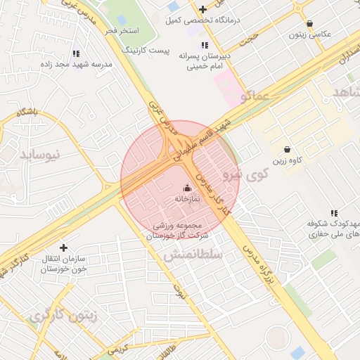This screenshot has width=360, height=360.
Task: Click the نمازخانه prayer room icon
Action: click(187, 188)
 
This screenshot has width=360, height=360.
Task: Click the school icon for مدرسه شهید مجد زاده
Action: click(77, 53)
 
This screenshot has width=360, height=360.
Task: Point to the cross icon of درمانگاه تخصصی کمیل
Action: click(203, 9)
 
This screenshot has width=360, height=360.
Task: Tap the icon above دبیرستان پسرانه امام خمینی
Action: click(205, 44)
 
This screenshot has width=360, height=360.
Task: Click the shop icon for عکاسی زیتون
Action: click(309, 23)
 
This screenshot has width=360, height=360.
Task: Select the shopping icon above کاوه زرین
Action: click(287, 149)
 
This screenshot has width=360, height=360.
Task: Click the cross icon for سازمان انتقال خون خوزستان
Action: click(64, 247)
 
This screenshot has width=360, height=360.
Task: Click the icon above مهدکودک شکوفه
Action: click(334, 213)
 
